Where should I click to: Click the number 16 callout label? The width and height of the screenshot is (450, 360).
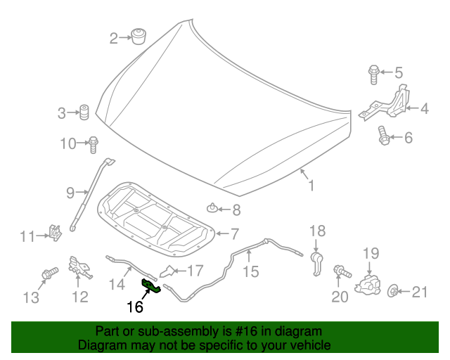click(x=134, y=307)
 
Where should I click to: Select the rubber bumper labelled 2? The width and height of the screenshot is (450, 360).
click(x=138, y=35)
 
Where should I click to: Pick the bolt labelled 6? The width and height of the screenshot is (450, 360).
click(x=383, y=135)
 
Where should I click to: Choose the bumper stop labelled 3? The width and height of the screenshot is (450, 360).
click(x=84, y=112)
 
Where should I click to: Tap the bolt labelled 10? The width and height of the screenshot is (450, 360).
click(x=92, y=143)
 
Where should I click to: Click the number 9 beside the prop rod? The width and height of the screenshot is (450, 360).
click(x=70, y=193)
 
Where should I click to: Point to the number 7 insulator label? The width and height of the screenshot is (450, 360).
click(x=236, y=233)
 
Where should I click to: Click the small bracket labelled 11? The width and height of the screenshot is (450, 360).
click(x=54, y=231)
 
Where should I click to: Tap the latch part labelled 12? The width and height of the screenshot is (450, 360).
click(x=79, y=267)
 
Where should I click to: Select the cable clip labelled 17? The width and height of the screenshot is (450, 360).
click(x=169, y=271)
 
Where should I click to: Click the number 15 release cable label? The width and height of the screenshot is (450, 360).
click(x=250, y=271)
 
